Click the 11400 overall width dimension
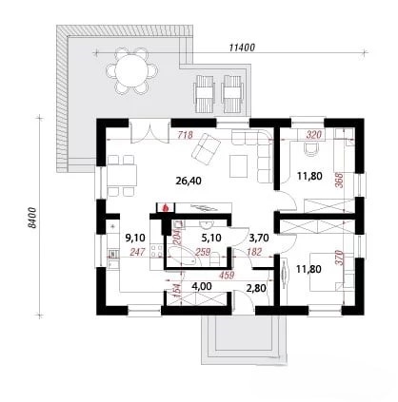click(242, 48)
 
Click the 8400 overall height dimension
click(32, 218)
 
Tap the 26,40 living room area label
click(189, 181)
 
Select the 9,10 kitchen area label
click(135, 238)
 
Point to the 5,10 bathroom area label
click(211, 238)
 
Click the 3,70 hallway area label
click(259, 238)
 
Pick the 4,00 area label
click(202, 287)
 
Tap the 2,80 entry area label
click(256, 288)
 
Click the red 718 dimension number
click(185, 135)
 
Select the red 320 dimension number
click(313, 135)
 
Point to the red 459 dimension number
click(227, 276)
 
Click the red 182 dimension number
click(254, 252)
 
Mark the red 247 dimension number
click(137, 252)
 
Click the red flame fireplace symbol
click(165, 207)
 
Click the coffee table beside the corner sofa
click(238, 166)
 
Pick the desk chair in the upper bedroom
click(311, 149)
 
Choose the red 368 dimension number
click(339, 180)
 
